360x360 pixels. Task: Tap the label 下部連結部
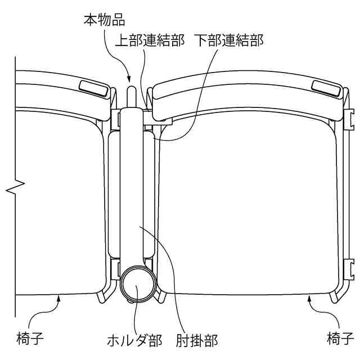click(229, 41)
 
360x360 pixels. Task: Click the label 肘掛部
click(196, 340)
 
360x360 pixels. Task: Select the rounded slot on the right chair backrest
click(325, 87)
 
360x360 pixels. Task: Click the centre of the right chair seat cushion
click(250, 208)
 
